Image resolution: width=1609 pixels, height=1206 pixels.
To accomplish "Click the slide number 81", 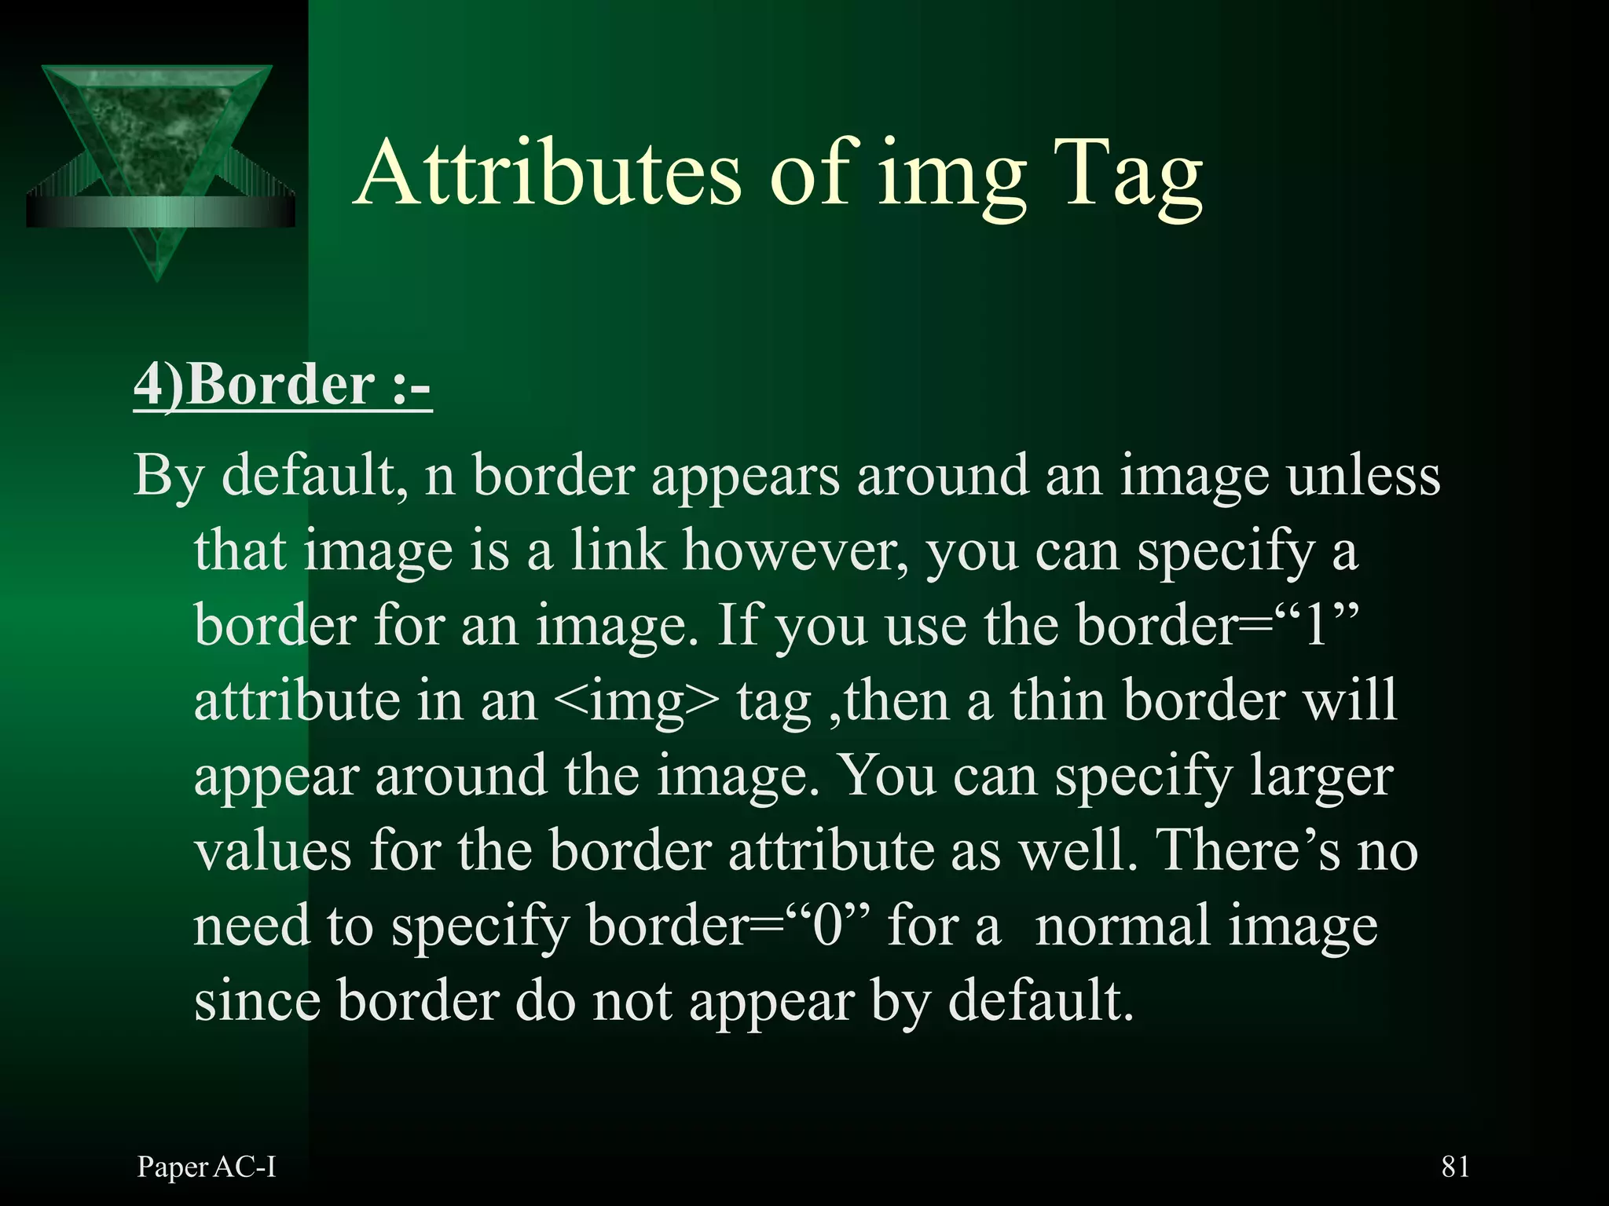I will coord(1455,1167).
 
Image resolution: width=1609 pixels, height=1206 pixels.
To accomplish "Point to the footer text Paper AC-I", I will coord(207,1168).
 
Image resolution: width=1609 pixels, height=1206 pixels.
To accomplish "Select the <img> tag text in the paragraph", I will coord(636,700).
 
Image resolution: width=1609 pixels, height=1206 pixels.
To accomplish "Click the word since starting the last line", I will coord(257,1001).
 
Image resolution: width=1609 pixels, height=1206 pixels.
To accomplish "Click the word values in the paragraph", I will coord(273,851).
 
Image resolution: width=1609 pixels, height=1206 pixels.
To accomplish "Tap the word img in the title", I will coord(952,177).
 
